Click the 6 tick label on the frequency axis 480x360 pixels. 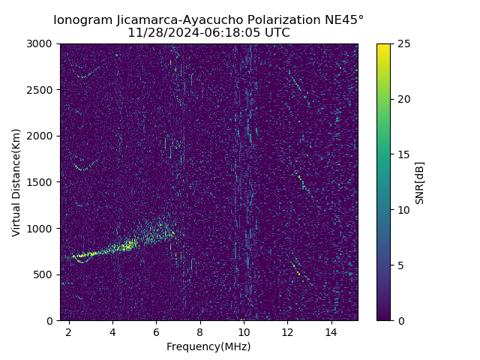click(x=156, y=331)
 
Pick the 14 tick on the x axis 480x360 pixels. click(x=331, y=331)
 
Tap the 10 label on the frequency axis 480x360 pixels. click(x=244, y=331)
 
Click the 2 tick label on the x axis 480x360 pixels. click(x=69, y=331)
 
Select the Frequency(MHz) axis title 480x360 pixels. click(x=208, y=346)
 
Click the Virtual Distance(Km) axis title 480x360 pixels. click(x=16, y=182)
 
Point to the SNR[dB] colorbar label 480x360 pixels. click(x=420, y=182)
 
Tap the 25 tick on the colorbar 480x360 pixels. click(x=402, y=43)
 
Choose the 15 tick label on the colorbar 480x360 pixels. click(x=402, y=154)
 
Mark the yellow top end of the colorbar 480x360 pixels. click(x=383, y=46)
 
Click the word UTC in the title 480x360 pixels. click(x=276, y=33)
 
